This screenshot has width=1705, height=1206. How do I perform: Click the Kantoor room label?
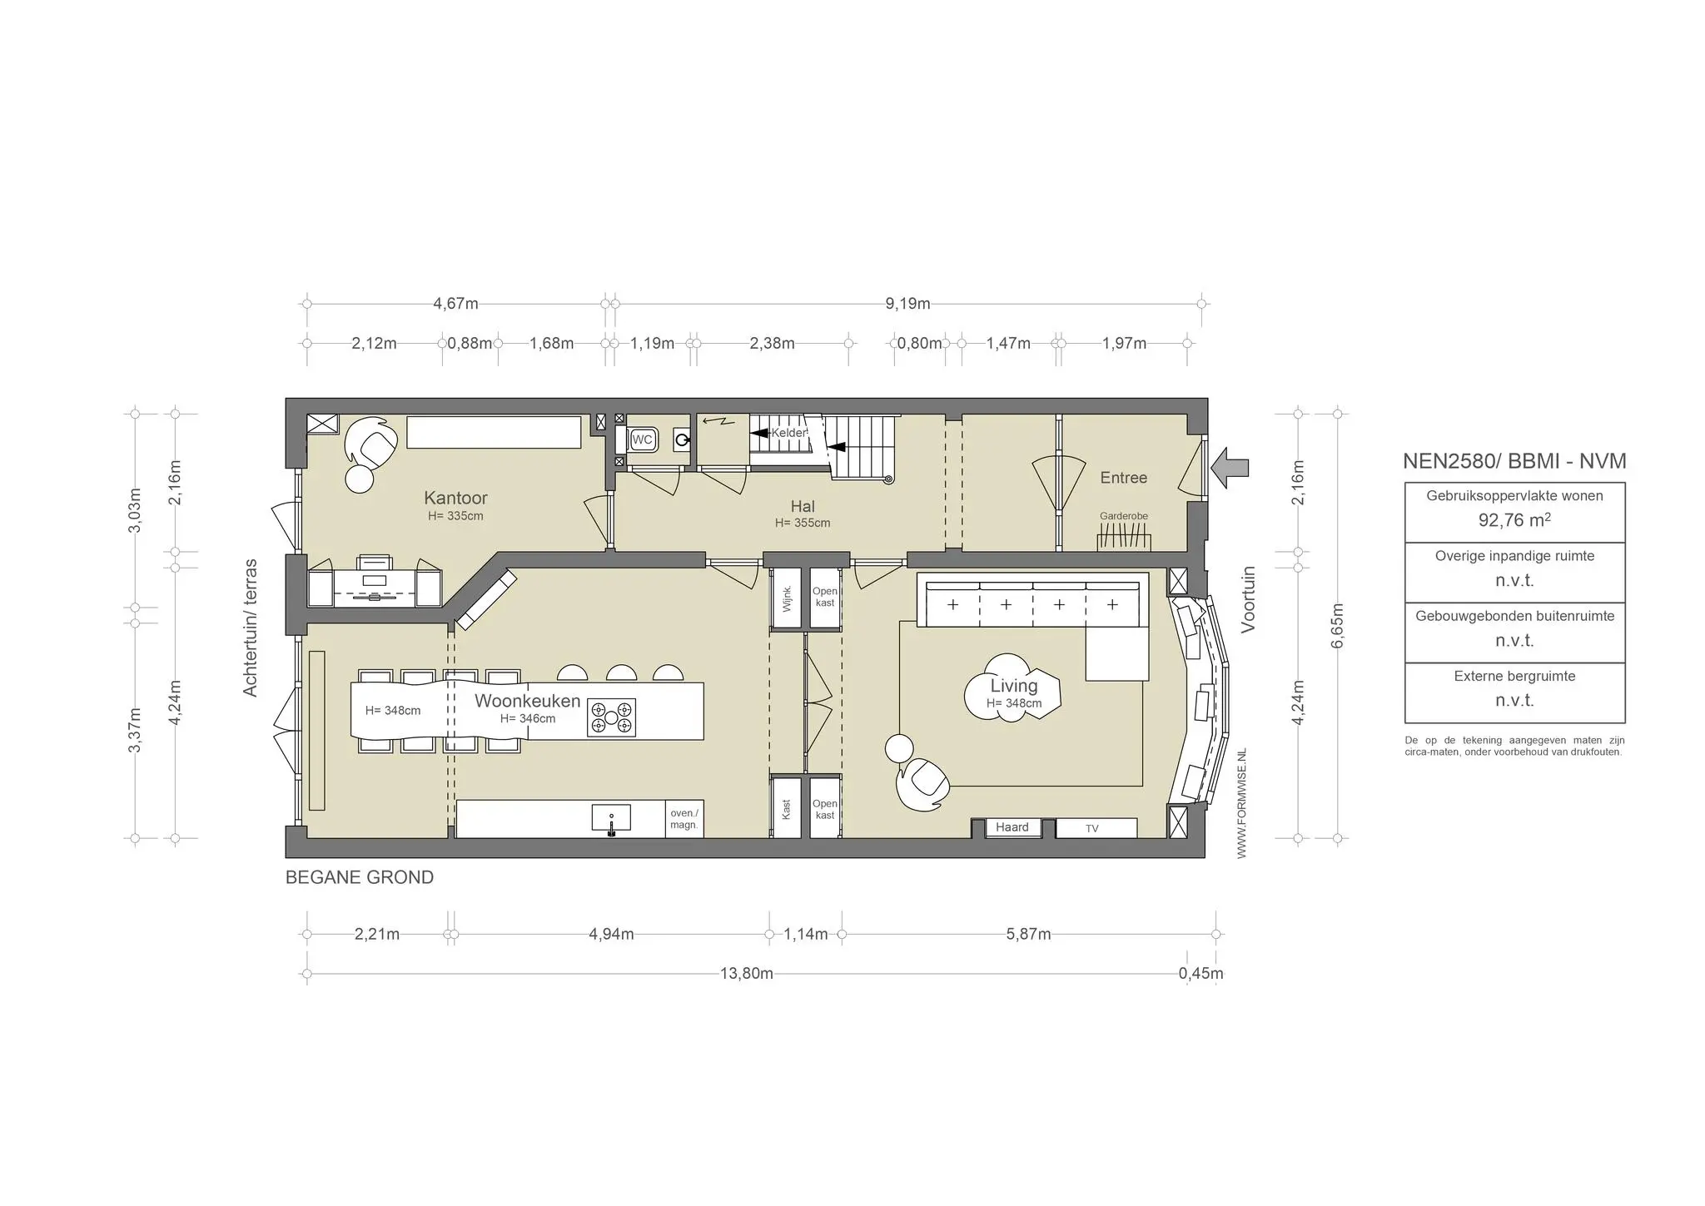(455, 498)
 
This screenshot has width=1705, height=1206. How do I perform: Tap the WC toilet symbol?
(642, 439)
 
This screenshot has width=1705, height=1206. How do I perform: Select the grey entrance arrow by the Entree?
(1230, 468)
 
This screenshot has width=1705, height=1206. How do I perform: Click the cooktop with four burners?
(611, 717)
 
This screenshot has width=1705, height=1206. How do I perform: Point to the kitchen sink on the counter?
(611, 819)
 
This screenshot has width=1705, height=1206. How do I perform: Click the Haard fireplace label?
(1012, 827)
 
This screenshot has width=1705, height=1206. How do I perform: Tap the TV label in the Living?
(1091, 829)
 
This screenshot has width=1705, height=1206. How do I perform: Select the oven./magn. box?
(684, 819)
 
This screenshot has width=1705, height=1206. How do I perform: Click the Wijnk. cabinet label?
(786, 598)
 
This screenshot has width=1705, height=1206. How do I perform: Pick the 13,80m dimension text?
(746, 974)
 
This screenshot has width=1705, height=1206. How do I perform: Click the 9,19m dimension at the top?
(907, 304)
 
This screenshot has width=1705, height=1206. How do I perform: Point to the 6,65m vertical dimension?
(1337, 625)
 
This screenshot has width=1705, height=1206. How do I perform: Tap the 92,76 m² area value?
(1514, 521)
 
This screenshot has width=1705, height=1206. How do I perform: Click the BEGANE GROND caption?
(359, 877)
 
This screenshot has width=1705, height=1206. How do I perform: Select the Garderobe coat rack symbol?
(1123, 541)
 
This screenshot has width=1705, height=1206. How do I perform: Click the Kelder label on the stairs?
(788, 434)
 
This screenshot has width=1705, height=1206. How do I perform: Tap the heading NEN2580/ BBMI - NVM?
(1514, 461)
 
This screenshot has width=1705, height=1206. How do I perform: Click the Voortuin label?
(1247, 600)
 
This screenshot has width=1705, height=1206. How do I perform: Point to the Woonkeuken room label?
(527, 701)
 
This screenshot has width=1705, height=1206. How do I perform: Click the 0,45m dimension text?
(1200, 974)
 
